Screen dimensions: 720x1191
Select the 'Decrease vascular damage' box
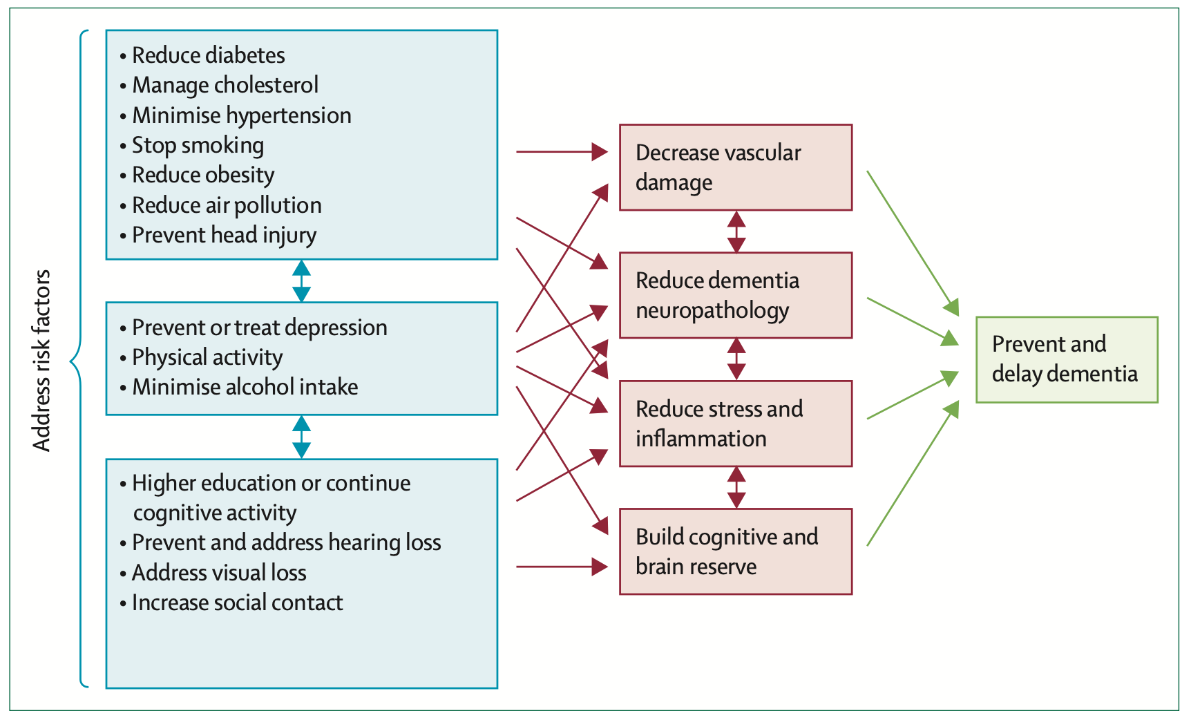[735, 167]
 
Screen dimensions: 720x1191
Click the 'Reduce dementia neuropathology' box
[735, 295]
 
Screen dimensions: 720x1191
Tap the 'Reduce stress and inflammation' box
[735, 424]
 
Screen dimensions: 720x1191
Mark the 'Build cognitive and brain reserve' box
[735, 551]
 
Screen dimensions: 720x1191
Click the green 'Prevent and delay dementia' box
[1066, 359]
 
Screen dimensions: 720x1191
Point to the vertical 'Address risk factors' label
[42, 360]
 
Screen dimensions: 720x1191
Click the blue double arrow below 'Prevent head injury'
[301, 281]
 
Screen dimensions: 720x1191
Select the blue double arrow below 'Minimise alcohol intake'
[301, 437]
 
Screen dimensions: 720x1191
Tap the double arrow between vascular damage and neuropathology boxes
[736, 231]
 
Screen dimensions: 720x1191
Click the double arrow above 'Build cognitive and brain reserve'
[736, 487]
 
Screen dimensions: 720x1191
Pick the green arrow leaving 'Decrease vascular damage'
[913, 243]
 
